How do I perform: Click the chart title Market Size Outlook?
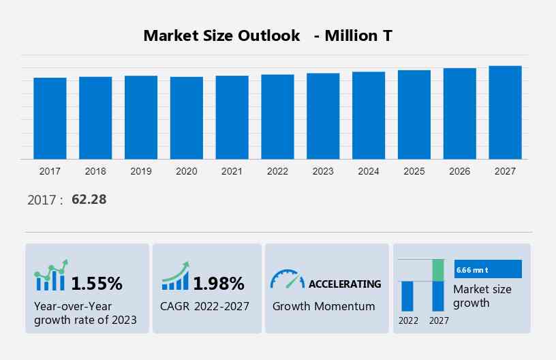pyautogui.click(x=221, y=35)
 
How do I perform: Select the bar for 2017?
pyautogui.click(x=50, y=118)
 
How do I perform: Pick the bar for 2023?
pyautogui.click(x=323, y=116)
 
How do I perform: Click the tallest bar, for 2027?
pyautogui.click(x=505, y=112)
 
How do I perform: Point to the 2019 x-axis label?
pyautogui.click(x=141, y=171)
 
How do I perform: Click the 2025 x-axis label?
pyautogui.click(x=414, y=171)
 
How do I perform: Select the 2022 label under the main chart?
pyautogui.click(x=277, y=171)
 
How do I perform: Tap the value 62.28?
pyautogui.click(x=89, y=200)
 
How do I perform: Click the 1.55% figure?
pyautogui.click(x=97, y=283)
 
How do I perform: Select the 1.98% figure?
pyautogui.click(x=218, y=283)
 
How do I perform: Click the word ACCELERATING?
pyautogui.click(x=345, y=284)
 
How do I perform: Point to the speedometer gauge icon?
pyautogui.click(x=288, y=279)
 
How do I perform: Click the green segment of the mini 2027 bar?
pyautogui.click(x=438, y=270)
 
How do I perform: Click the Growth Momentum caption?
pyautogui.click(x=324, y=306)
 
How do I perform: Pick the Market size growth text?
pyautogui.click(x=482, y=296)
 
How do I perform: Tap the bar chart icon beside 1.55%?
pyautogui.click(x=50, y=275)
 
